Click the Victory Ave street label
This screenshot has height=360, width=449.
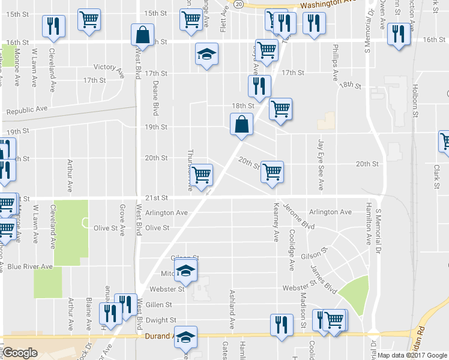tap(108, 67)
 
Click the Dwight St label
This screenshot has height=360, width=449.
tap(161, 320)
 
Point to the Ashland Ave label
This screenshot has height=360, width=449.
tap(231, 309)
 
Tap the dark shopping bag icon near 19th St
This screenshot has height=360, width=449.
tap(241, 125)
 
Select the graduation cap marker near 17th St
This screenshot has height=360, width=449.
tap(206, 55)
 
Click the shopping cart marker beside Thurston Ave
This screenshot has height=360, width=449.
tap(202, 174)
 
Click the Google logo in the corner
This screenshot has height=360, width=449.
tap(20, 353)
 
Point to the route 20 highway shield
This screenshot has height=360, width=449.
tap(238, 4)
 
